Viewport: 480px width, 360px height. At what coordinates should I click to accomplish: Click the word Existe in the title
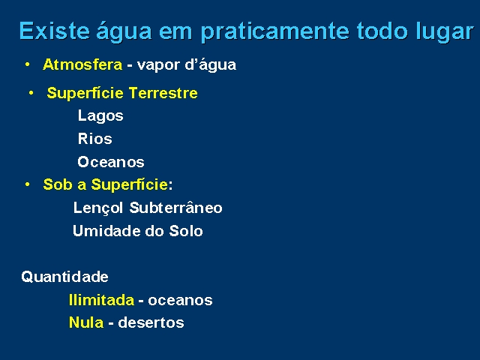click(x=55, y=31)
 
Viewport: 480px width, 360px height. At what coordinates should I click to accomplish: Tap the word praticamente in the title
click(x=275, y=31)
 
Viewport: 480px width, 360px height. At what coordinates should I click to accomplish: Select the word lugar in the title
click(x=445, y=31)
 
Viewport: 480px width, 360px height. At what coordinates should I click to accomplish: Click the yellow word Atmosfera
click(x=82, y=64)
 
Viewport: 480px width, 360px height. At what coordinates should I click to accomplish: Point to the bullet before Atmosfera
click(x=28, y=64)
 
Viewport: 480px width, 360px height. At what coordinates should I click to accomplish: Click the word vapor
click(x=158, y=65)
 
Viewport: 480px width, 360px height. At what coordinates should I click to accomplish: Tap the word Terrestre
click(x=163, y=93)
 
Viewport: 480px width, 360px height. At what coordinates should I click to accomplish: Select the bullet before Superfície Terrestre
click(x=31, y=93)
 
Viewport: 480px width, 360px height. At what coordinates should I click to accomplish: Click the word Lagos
click(x=100, y=116)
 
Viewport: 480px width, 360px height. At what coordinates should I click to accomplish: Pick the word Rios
click(x=95, y=139)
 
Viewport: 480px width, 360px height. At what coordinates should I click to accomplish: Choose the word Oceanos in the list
click(x=111, y=162)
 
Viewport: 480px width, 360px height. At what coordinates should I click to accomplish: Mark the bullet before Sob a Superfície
click(x=28, y=184)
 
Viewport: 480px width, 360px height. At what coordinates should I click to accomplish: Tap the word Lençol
click(x=98, y=208)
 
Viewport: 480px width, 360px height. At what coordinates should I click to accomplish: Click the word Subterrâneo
click(x=175, y=208)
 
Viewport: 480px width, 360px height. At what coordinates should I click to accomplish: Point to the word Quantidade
click(x=65, y=277)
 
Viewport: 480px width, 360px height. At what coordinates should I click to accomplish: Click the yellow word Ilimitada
click(x=102, y=300)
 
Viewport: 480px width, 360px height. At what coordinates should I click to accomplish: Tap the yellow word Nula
click(x=86, y=322)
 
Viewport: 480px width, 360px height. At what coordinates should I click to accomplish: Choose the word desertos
click(x=151, y=322)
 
